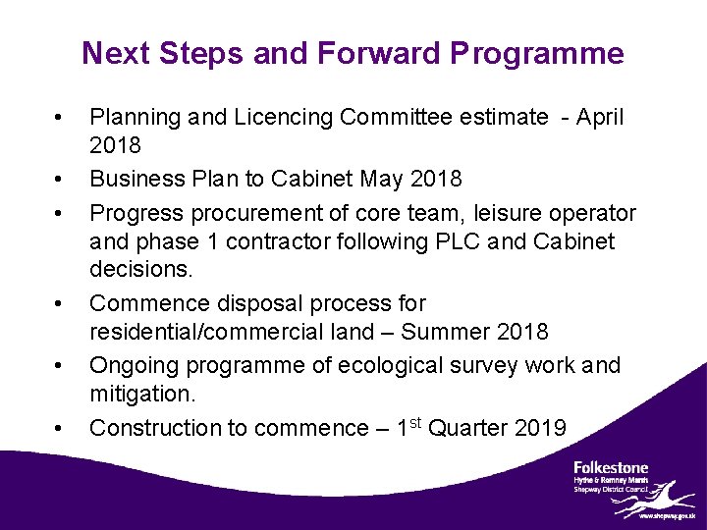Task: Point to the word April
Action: point(599,118)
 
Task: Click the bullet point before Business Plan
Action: point(60,180)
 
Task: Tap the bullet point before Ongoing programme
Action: point(60,366)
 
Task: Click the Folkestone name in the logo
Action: point(611,467)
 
